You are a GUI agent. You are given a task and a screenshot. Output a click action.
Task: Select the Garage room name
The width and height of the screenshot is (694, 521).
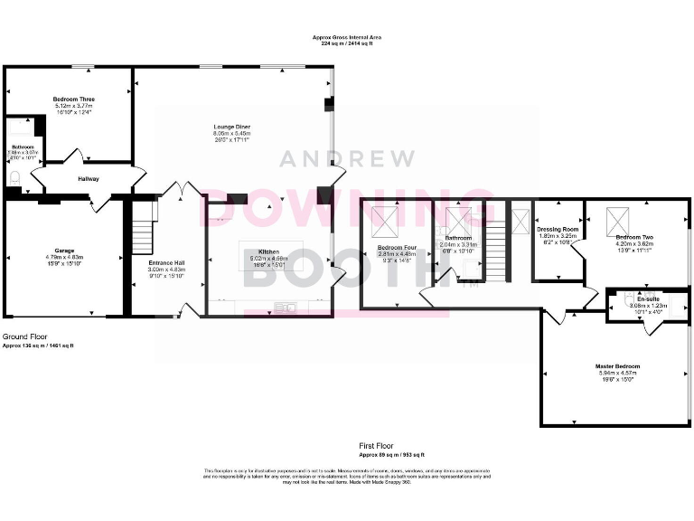pyautogui.click(x=63, y=251)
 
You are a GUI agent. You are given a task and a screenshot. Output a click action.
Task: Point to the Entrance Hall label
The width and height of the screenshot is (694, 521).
pyautogui.click(x=166, y=263)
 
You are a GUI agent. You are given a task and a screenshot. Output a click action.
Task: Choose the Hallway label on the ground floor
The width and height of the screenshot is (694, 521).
pyautogui.click(x=88, y=179)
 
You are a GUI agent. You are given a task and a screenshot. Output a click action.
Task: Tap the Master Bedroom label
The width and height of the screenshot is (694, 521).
pyautogui.click(x=615, y=366)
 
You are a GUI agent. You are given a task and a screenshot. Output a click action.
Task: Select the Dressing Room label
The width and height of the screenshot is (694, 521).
pyautogui.click(x=557, y=229)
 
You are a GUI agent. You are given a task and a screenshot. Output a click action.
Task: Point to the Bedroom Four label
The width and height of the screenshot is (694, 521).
pyautogui.click(x=397, y=247)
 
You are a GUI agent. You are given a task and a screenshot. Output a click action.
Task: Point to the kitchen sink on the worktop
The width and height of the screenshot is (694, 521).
pyautogui.click(x=287, y=308)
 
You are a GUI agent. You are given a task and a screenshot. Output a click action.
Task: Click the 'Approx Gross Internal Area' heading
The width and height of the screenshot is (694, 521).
pyautogui.click(x=346, y=38)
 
